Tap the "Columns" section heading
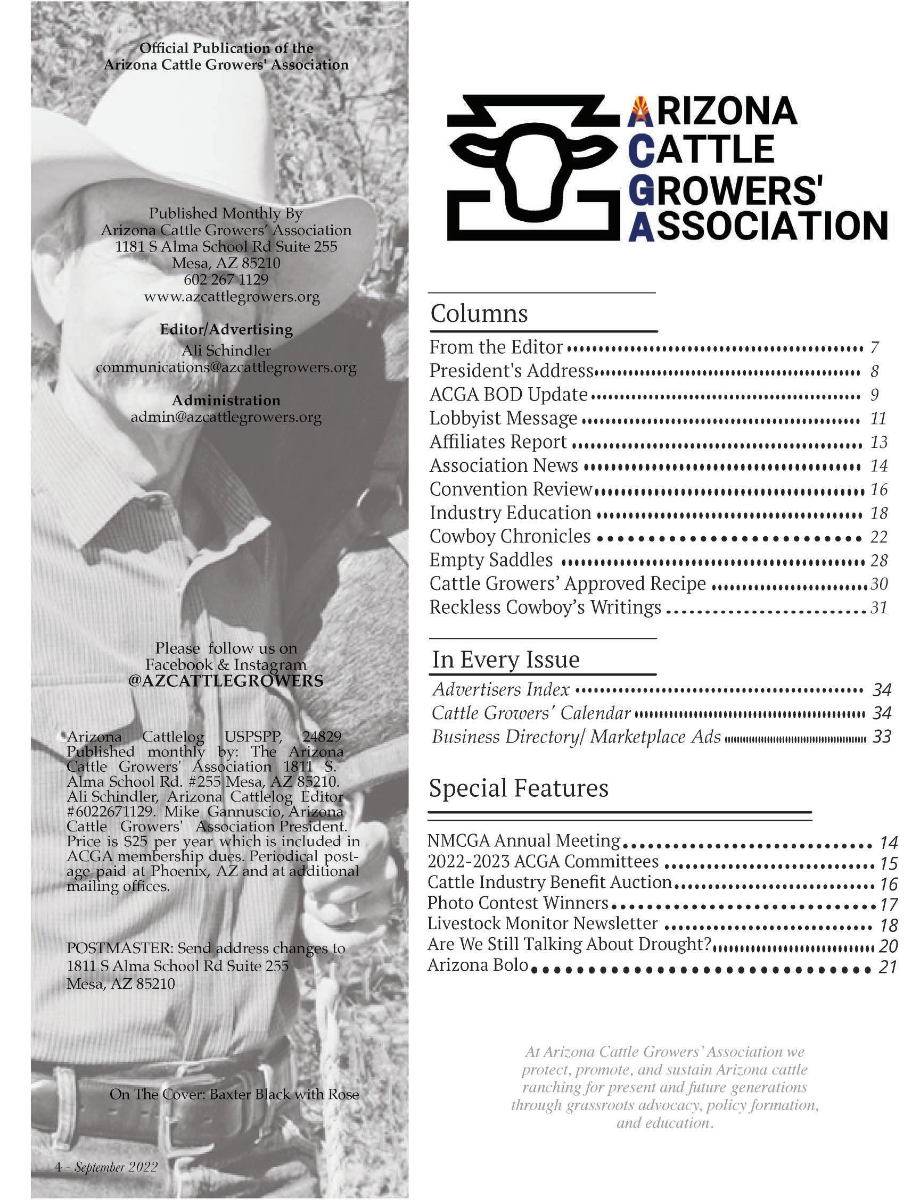(479, 313)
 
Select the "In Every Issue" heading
(505, 660)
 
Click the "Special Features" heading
(518, 788)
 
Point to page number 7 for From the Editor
(875, 347)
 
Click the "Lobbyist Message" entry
(503, 418)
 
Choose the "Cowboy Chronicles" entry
(510, 536)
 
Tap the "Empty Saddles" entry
(491, 560)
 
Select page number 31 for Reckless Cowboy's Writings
(878, 607)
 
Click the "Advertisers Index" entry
(500, 689)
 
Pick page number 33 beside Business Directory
(882, 737)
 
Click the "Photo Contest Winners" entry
(517, 902)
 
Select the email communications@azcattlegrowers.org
(226, 367)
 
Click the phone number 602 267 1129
(226, 280)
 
